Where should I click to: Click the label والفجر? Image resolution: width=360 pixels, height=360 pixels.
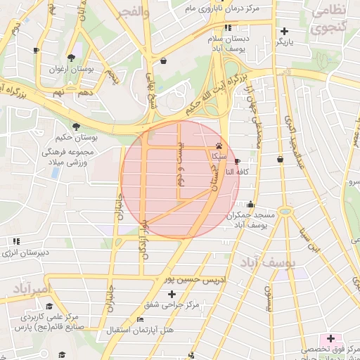(x=134, y=12)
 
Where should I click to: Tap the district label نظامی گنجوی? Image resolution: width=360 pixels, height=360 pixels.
(x=328, y=19)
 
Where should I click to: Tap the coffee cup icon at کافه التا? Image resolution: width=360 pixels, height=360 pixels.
(x=236, y=160)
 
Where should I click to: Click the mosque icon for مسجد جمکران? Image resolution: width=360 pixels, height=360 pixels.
(x=251, y=205)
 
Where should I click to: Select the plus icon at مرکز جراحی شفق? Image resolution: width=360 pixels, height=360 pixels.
(x=172, y=293)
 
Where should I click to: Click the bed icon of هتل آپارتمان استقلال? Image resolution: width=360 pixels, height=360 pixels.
(x=141, y=319)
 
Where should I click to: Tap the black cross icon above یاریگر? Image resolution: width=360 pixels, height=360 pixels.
(x=284, y=31)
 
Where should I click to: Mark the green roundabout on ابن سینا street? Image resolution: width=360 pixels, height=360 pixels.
(x=284, y=211)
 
